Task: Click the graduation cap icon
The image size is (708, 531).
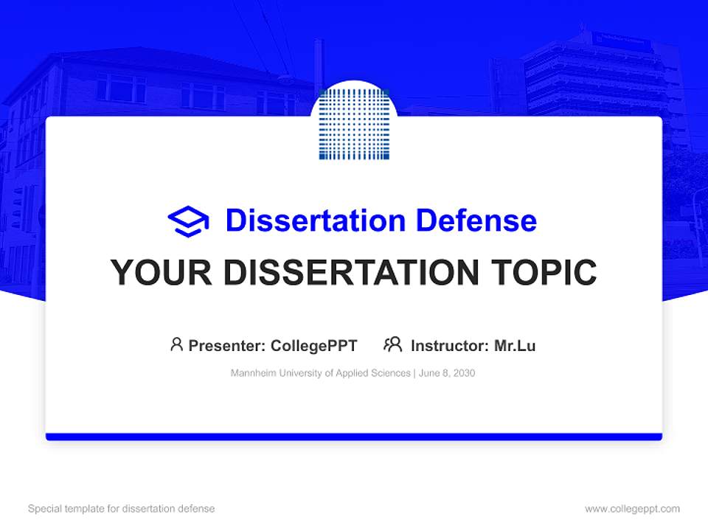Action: [189, 221]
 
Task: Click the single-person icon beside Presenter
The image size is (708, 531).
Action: [176, 344]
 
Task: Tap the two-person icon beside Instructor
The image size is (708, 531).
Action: [393, 344]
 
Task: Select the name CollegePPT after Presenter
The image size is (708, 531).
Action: [314, 345]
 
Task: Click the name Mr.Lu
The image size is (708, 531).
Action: [515, 345]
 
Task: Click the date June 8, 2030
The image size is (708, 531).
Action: [447, 373]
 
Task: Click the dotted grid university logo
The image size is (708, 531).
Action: [354, 124]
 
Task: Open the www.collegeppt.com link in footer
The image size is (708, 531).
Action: [632, 509]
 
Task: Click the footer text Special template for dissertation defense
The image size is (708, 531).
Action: [122, 509]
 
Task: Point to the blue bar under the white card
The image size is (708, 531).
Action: [354, 437]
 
